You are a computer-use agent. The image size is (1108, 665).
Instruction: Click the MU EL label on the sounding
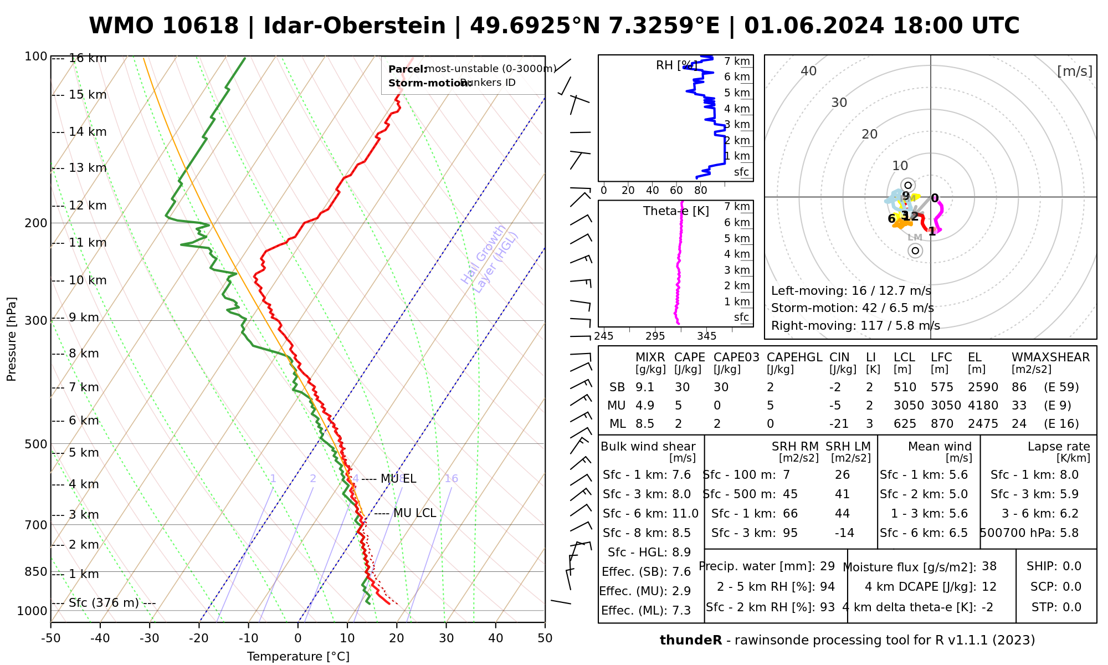click(398, 479)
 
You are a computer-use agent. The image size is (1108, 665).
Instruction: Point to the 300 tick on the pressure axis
click(36, 321)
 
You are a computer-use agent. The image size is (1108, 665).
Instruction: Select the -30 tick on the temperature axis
click(150, 638)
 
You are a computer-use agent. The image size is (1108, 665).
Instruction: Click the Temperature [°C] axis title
click(298, 657)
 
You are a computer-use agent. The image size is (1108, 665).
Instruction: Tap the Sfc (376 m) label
click(104, 603)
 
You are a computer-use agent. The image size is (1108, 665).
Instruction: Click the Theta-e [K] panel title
click(676, 211)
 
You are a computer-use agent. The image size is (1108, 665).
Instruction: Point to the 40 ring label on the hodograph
click(809, 71)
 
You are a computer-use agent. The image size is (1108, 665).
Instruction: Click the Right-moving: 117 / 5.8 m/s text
click(855, 326)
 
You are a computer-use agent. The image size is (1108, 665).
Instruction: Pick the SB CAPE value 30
click(682, 387)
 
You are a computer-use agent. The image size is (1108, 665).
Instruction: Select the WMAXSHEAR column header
click(1050, 357)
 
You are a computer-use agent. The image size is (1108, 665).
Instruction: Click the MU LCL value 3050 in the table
click(909, 406)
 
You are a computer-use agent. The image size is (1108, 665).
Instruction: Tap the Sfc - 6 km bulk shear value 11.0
click(685, 514)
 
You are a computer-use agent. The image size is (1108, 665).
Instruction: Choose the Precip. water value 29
click(827, 566)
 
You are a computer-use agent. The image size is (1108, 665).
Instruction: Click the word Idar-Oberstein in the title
click(355, 26)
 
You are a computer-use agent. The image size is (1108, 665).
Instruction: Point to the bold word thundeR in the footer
click(691, 641)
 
